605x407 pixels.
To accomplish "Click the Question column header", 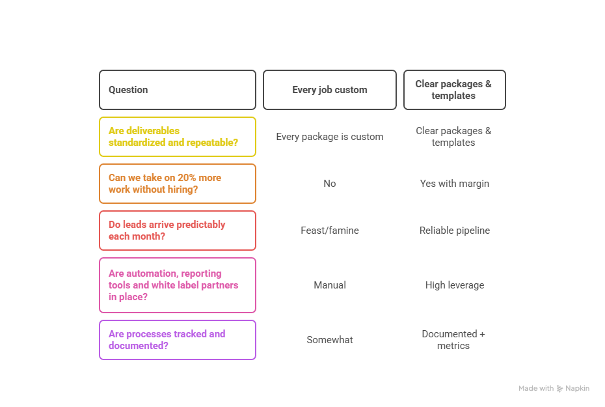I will coord(177,90).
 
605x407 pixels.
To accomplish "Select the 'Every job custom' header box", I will coord(329,90).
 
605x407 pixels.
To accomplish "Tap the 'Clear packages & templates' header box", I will coord(454,90).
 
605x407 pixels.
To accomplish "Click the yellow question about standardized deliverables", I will coord(177,137).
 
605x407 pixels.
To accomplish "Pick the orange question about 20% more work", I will coord(177,184).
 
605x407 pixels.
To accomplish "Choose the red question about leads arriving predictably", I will coord(177,231).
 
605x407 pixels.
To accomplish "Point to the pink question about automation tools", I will coord(177,285).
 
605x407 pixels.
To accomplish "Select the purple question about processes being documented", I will coord(177,340).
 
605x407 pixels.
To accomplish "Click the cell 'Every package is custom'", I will coord(329,137).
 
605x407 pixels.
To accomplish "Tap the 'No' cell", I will coord(329,184).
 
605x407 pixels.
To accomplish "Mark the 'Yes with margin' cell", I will coord(454,184).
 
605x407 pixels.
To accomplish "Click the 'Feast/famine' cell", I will coord(329,231).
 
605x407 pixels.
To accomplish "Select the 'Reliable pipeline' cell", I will coord(454,231).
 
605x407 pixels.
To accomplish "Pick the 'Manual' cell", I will coord(329,285).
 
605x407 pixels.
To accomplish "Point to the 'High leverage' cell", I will coord(454,285).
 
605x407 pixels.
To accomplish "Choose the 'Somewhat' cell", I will coord(329,340).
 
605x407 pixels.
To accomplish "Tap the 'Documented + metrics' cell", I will coord(453,340).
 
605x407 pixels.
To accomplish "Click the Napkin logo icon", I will coord(560,389).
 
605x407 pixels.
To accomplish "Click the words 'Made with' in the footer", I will coord(536,389).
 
